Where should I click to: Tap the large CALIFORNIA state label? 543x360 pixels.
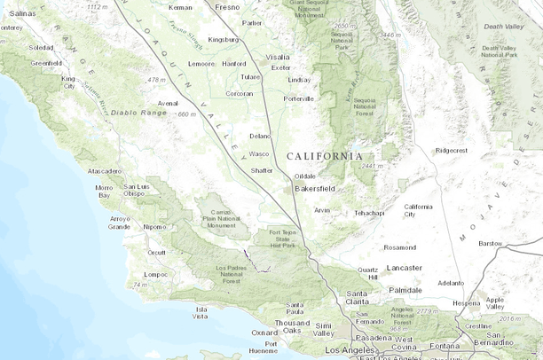[x=324, y=156]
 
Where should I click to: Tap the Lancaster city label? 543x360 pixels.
[x=405, y=267]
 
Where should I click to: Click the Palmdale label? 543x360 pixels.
[x=405, y=289]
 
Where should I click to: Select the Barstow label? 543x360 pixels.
[x=490, y=242]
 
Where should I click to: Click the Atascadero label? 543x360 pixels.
[x=104, y=170]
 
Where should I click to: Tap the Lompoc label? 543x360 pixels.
[x=156, y=274]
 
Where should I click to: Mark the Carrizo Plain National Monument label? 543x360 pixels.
[x=221, y=215]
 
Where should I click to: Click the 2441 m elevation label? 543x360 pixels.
[x=373, y=166]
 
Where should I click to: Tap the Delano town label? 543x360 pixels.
[x=259, y=136]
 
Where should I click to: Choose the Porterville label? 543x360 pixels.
[x=298, y=98]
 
